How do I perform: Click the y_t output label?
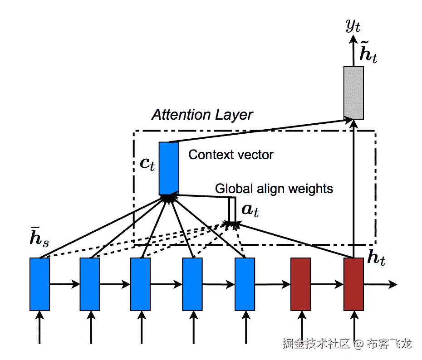click(x=353, y=27)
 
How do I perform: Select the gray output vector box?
click(x=353, y=93)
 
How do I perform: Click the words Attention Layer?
click(x=202, y=115)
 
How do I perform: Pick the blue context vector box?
click(x=169, y=168)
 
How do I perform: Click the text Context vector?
click(x=231, y=155)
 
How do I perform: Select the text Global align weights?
click(x=274, y=188)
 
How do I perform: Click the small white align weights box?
click(x=232, y=210)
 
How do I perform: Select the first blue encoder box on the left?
click(x=39, y=284)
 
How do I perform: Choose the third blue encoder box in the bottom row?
click(x=140, y=284)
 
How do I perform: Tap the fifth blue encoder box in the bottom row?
click(x=245, y=284)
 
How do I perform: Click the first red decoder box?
click(x=300, y=284)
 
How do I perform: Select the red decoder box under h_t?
click(x=353, y=284)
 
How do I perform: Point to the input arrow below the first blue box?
click(x=39, y=326)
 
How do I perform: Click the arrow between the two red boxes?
click(x=327, y=285)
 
